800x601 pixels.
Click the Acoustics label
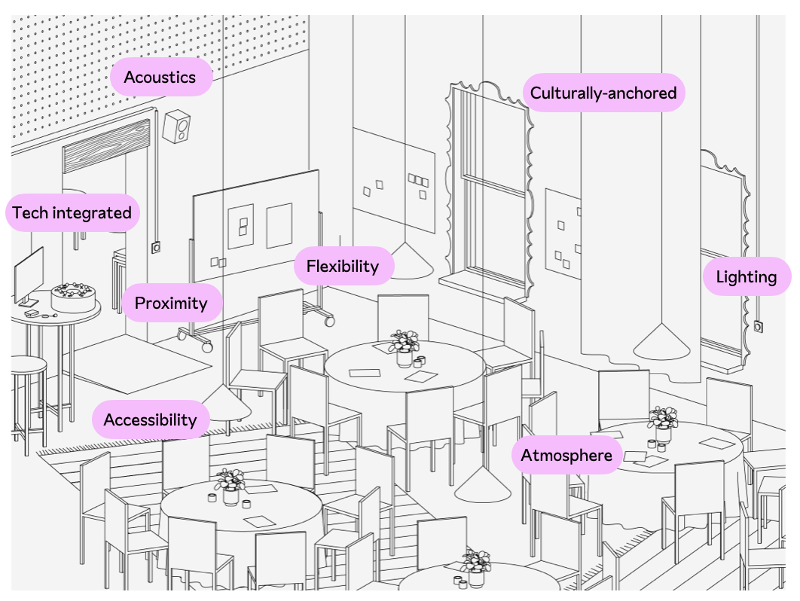[160, 77]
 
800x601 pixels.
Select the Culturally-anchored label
[603, 93]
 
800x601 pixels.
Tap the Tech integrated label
[72, 213]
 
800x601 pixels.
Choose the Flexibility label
[343, 266]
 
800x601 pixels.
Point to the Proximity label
[171, 303]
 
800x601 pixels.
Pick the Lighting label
[746, 276]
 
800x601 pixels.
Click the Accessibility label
[150, 419]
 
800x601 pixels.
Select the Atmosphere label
[566, 456]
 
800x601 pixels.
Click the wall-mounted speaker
[177, 127]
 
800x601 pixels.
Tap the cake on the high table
[74, 298]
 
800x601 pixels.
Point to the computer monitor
[29, 275]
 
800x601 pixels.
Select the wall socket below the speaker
[156, 246]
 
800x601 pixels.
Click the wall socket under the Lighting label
[757, 326]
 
